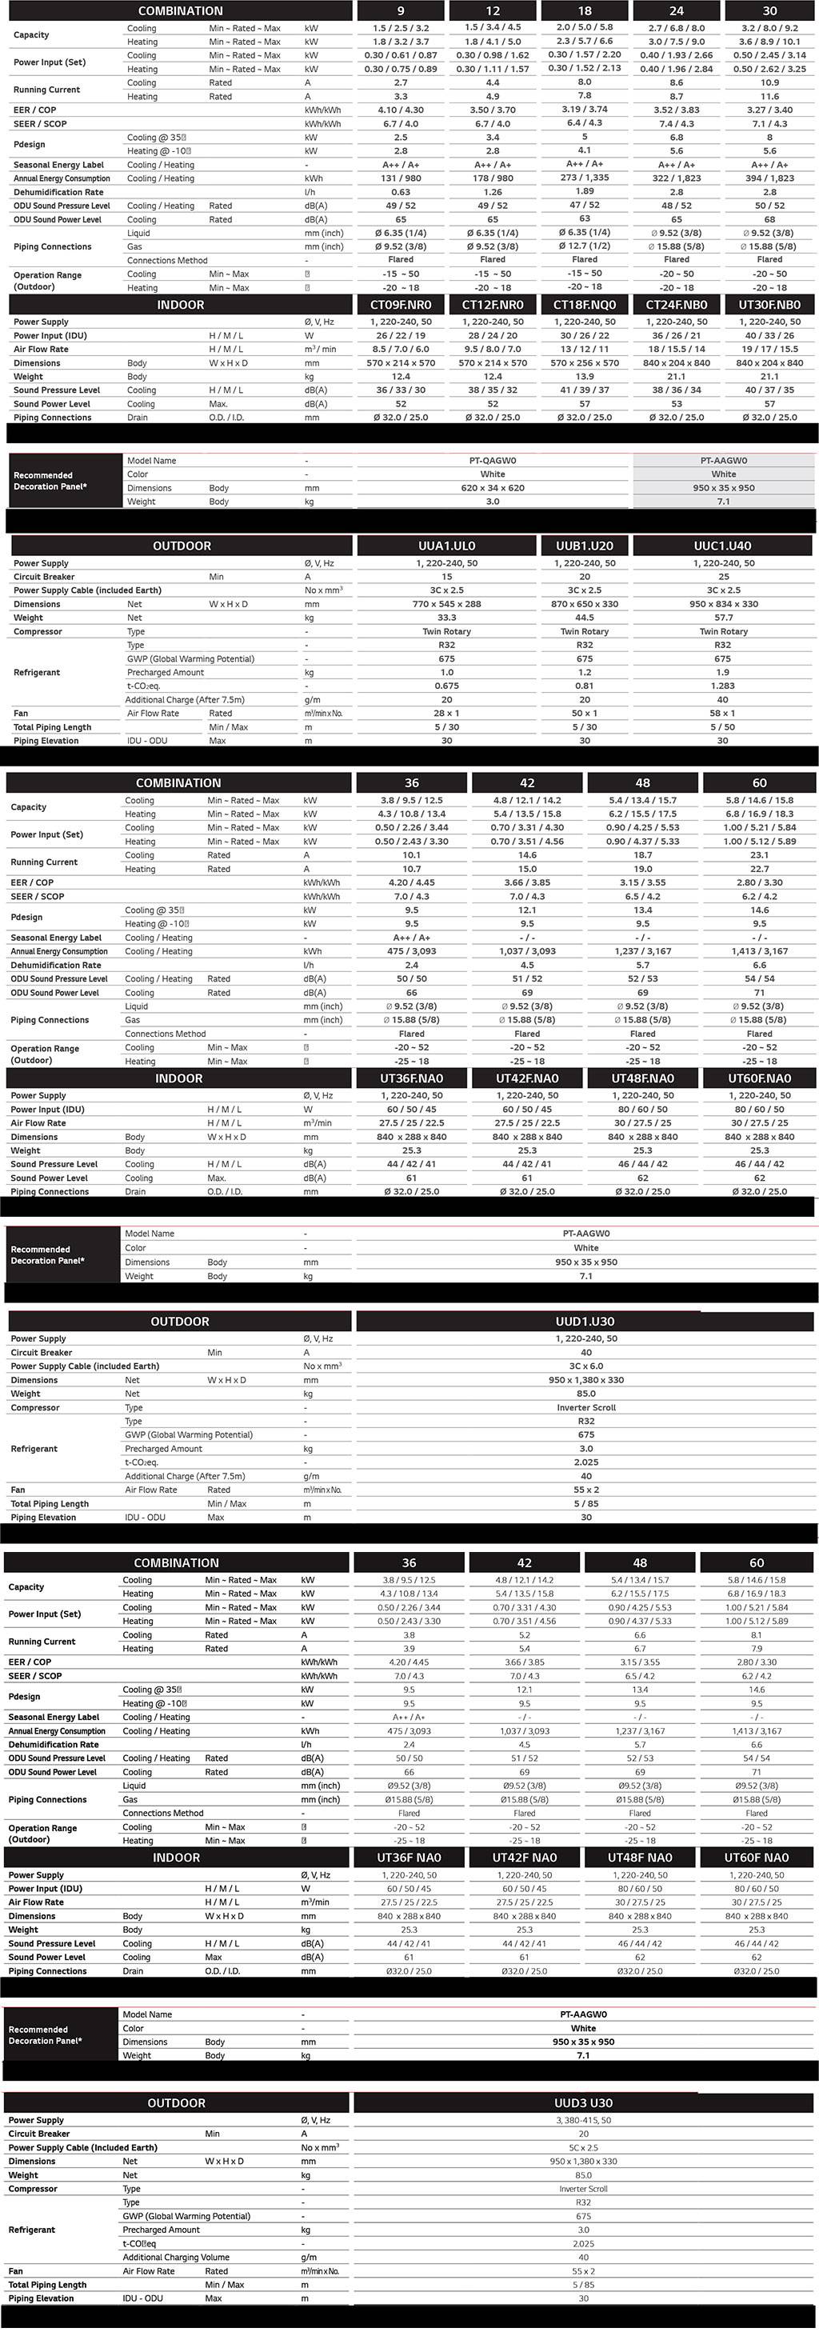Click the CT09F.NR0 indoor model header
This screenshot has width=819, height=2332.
[x=401, y=305]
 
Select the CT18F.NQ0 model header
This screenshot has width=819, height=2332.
[x=585, y=305]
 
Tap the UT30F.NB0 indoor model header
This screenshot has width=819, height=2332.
[x=769, y=305]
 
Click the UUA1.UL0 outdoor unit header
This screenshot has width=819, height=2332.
[x=446, y=546]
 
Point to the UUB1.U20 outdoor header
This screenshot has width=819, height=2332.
[x=585, y=546]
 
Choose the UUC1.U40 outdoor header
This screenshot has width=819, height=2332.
[x=722, y=546]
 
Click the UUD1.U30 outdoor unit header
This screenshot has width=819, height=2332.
[x=585, y=1322]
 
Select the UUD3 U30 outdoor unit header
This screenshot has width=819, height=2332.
[x=583, y=2103]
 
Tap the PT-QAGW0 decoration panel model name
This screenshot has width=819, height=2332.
[x=493, y=461]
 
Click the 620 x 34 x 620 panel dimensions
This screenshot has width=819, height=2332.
[x=493, y=488]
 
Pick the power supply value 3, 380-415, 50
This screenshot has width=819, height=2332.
[x=583, y=2120]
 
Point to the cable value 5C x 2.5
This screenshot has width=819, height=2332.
[x=583, y=2147]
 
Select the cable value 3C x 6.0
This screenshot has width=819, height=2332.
[x=585, y=1366]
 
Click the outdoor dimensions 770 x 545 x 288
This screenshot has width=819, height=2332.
[x=446, y=604]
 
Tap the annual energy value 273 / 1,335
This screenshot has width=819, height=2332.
[x=585, y=178]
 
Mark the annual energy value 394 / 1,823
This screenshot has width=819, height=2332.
[x=769, y=178]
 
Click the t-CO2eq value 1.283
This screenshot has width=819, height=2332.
[x=722, y=686]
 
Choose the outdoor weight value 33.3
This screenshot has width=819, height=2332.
[x=446, y=618]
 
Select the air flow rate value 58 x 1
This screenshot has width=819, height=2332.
[x=722, y=714]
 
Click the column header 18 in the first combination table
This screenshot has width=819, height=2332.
[x=585, y=11]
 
